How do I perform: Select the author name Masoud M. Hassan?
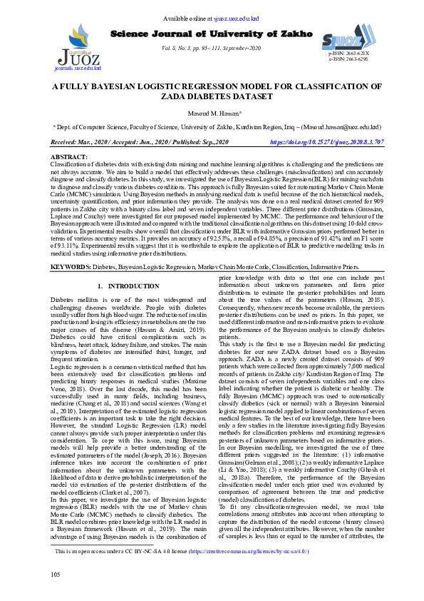point(211,113)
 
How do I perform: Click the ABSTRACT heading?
point(69,156)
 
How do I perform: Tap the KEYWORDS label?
point(71,246)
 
